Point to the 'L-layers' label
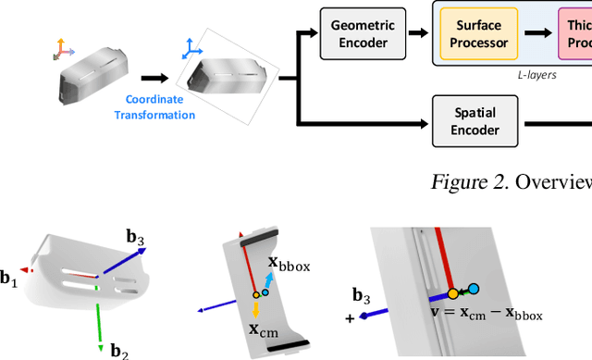536,74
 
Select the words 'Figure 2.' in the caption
462,180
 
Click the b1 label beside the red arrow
9,277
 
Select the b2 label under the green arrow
119,350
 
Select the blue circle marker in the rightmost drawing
474,289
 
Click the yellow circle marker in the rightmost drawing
453,293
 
